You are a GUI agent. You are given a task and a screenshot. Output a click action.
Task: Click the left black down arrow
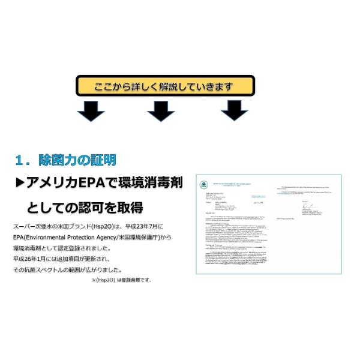coord(91,110)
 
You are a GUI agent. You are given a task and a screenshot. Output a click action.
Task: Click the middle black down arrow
coord(161,110)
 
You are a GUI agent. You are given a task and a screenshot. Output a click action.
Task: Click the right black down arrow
coord(234,110)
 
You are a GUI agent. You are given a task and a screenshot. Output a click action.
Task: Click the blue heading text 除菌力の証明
coord(77,161)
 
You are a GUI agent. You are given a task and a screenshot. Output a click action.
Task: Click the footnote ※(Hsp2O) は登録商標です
coord(121,280)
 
